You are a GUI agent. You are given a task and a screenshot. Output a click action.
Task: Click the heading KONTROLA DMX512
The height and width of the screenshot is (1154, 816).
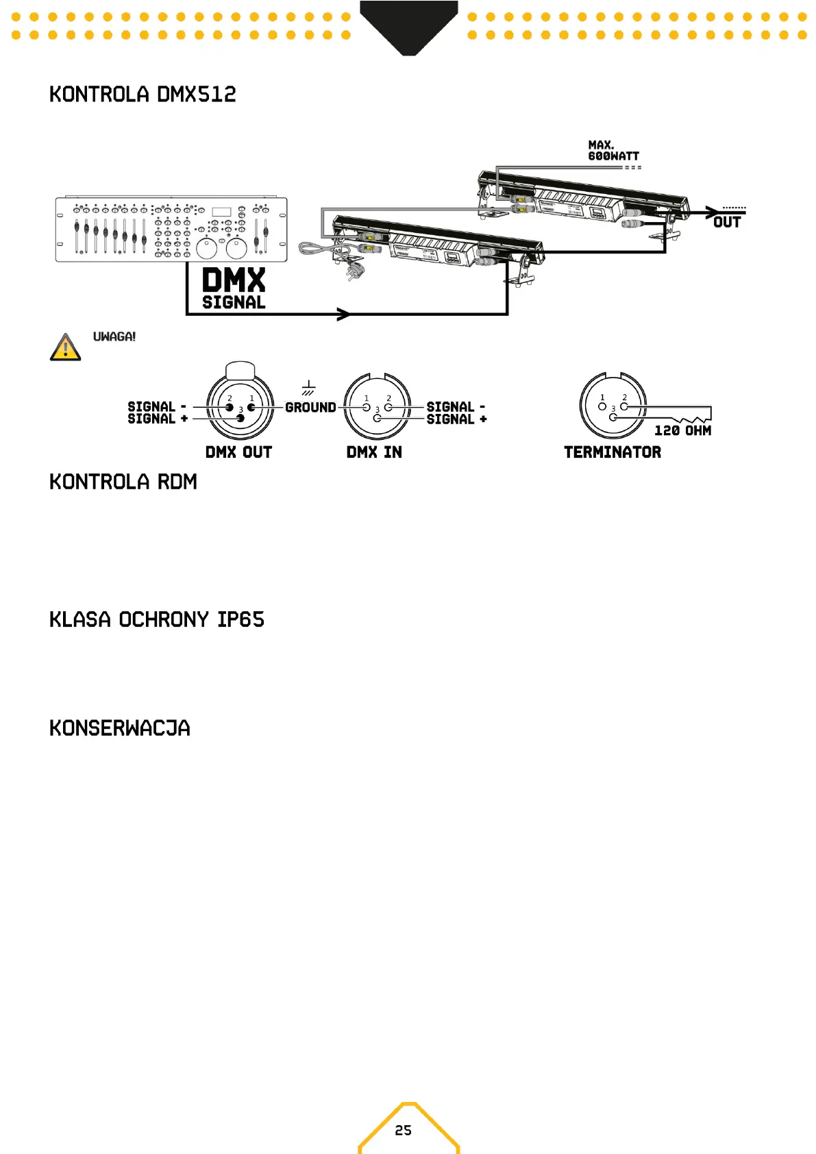pos(143,94)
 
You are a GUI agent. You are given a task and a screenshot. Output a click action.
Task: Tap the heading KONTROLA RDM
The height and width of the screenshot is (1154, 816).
pos(123,482)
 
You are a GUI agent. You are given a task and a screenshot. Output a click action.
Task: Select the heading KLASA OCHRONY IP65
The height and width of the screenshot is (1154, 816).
pos(157,619)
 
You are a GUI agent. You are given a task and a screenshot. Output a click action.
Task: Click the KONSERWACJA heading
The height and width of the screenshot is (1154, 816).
pos(120,728)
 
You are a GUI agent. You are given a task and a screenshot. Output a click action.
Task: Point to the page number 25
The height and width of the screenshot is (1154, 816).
pos(404,1130)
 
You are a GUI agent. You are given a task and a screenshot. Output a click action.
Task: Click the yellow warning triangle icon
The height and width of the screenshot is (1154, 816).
pos(66,347)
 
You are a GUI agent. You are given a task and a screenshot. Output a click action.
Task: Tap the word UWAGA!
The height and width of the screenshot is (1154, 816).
pos(114,336)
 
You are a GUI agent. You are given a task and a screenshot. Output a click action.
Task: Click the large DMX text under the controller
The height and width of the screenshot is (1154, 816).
pos(234,281)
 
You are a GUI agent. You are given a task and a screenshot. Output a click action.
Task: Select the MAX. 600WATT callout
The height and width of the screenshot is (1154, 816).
pos(613,151)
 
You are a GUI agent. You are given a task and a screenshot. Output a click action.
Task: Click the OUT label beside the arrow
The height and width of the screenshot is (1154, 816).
pos(727,222)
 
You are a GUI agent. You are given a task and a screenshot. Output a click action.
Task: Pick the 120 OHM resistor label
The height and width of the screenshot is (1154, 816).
pos(682,430)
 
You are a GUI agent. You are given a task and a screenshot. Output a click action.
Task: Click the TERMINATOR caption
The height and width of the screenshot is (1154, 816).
pos(613,452)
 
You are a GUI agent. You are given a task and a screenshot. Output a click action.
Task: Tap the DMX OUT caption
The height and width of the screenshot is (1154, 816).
pos(238,452)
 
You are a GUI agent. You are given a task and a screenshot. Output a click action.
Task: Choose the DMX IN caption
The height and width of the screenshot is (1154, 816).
pos(374,452)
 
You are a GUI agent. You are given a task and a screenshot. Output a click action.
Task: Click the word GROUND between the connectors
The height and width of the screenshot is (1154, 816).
pos(310,408)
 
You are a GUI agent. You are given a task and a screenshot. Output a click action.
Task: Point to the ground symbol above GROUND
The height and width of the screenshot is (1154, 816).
pos(308,389)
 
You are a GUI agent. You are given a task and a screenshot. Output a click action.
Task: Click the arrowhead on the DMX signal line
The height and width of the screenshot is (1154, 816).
pos(343,315)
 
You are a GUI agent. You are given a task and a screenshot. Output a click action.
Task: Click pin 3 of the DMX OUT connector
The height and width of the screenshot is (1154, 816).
pos(240,417)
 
